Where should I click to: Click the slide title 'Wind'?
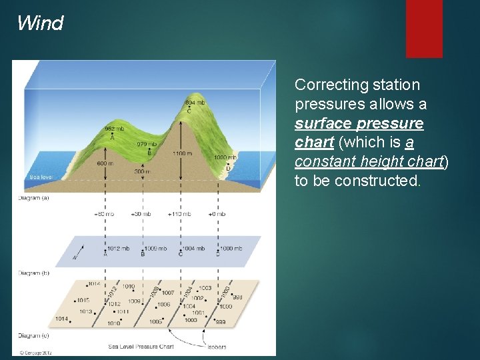40,23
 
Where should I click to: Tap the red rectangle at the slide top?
424,28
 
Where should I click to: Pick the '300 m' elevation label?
141,171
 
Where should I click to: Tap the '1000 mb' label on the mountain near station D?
225,157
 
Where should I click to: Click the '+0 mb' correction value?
217,214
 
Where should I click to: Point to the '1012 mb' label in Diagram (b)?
118,249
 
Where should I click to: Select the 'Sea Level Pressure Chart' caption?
141,347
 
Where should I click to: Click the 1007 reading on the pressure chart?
167,293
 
